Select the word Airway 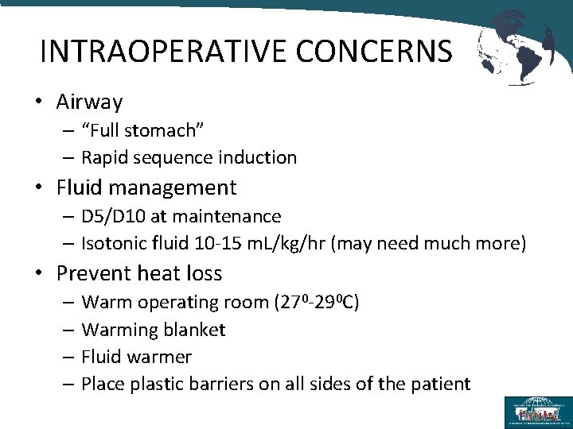tap(89, 102)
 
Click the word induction tap(255, 157)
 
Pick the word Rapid tap(105, 157)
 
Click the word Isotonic tap(115, 243)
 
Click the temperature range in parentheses tap(317, 302)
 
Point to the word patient tap(440, 384)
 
